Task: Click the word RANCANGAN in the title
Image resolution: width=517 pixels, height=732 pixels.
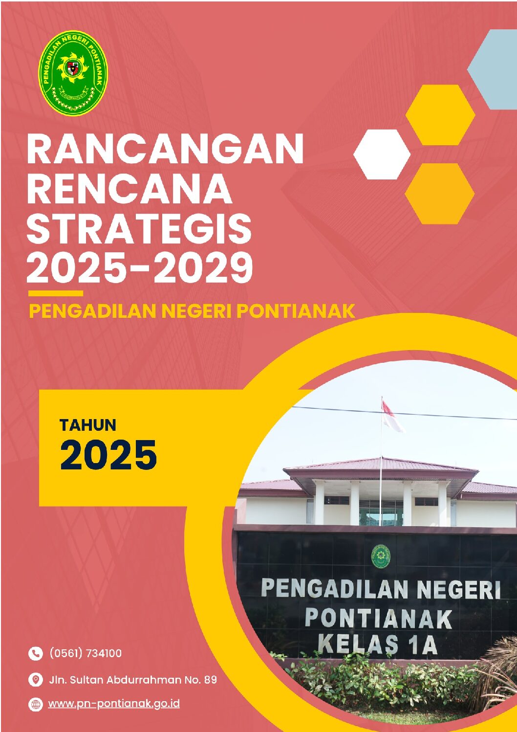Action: tap(165, 149)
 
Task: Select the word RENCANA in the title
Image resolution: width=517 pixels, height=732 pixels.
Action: tap(129, 189)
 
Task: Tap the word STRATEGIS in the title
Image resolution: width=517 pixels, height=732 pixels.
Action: tap(139, 228)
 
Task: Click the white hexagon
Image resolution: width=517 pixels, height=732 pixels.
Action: tap(382, 154)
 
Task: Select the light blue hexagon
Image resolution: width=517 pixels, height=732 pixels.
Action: tap(493, 69)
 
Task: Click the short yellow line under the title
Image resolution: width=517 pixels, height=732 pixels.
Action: tap(56, 293)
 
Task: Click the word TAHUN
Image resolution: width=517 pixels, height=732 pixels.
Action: tap(88, 425)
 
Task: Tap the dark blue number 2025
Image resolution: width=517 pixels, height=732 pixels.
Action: tap(108, 455)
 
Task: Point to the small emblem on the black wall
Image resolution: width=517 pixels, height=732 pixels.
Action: tap(381, 556)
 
